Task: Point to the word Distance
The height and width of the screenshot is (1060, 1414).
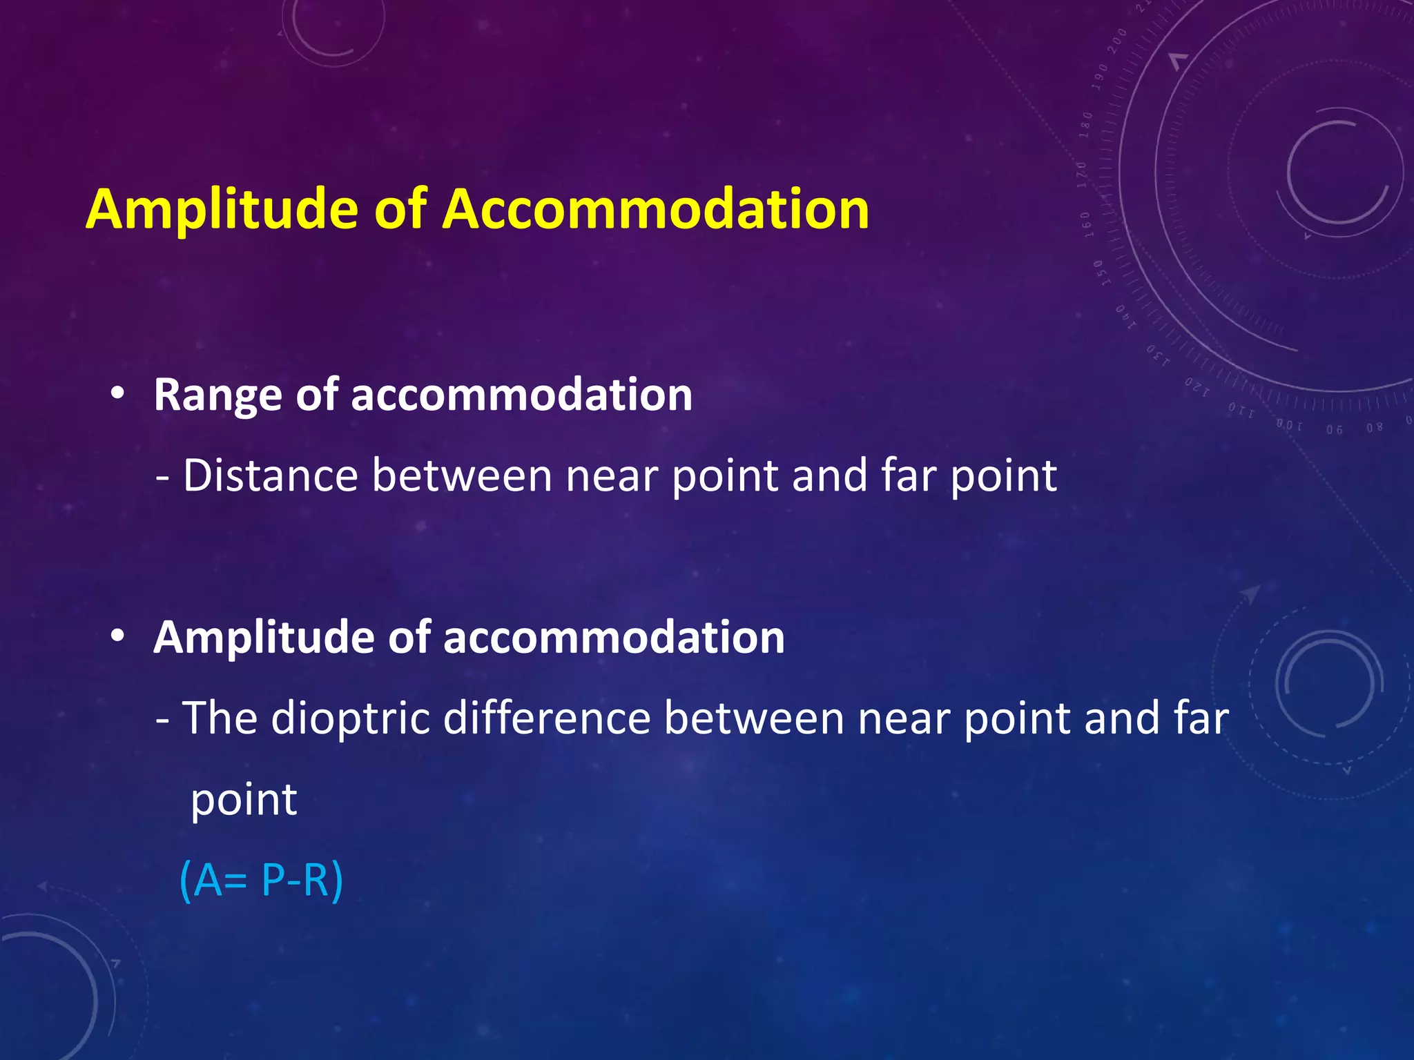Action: pos(270,476)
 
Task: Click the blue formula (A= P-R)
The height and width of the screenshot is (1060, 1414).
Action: pos(261,881)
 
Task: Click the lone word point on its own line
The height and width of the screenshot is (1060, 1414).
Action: pos(243,801)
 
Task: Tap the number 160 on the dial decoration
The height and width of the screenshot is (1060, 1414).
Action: pos(1085,224)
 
